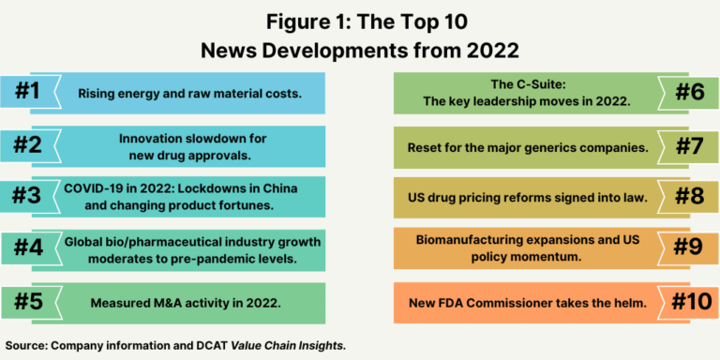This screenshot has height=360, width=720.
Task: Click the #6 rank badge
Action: click(x=689, y=93)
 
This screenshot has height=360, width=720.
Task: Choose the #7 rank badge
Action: click(x=689, y=146)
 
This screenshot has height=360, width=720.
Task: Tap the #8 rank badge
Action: click(x=689, y=198)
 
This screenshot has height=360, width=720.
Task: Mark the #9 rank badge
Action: click(x=689, y=250)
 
